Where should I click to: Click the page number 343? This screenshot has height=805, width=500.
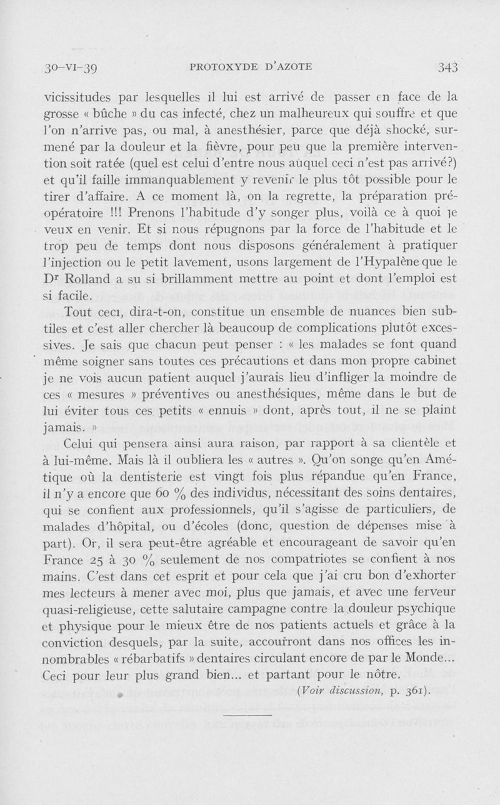449,66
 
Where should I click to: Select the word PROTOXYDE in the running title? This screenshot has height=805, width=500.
220,67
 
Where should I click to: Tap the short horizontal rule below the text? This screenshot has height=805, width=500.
247,714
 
